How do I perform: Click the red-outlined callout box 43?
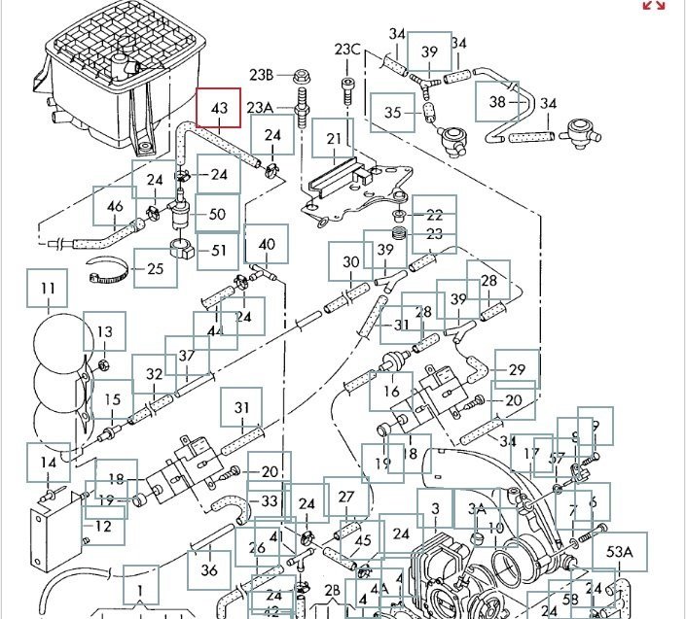point(220,107)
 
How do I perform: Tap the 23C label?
point(347,50)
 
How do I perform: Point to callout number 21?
point(335,138)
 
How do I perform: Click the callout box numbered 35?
point(393,113)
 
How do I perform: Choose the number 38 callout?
point(498,102)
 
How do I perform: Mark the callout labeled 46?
point(115,206)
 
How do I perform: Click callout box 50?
point(217,214)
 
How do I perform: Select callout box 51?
point(218,251)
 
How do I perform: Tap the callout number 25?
point(156,268)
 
